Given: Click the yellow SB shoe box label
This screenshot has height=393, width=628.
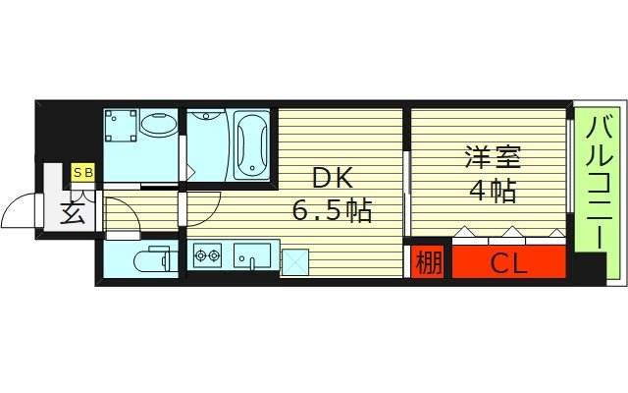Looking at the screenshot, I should coord(82,173).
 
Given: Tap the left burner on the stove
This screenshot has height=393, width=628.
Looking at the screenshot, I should coord(202,257).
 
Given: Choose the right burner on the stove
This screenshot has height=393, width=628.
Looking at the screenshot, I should coord(215,257).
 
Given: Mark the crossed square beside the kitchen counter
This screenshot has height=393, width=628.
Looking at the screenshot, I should coord(294,260).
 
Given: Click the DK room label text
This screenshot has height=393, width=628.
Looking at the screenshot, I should coord(328,178).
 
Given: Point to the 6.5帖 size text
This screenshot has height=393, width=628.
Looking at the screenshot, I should coord(333,210).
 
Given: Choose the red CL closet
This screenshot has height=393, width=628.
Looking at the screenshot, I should coord(508,261).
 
